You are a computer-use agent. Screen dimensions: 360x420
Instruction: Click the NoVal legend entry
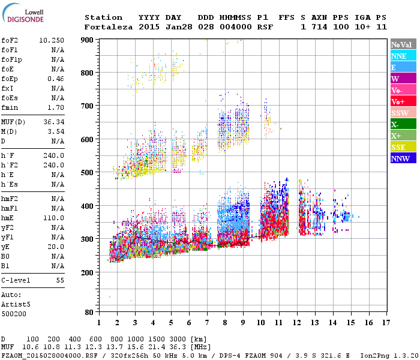(x=403, y=45)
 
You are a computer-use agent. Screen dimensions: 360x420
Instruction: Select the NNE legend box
(x=403, y=56)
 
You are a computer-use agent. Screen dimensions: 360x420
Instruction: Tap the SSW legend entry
(x=403, y=113)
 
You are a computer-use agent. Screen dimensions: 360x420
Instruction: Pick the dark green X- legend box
(x=403, y=124)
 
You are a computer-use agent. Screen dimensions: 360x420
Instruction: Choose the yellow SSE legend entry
(x=403, y=148)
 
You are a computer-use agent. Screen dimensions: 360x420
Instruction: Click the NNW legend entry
(x=403, y=159)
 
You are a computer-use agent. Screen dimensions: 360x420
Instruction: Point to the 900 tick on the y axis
(x=88, y=40)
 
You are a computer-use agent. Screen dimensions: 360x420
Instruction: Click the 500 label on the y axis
(x=88, y=173)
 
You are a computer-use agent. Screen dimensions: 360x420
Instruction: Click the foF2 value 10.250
(x=51, y=40)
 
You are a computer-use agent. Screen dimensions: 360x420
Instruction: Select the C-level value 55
(x=60, y=280)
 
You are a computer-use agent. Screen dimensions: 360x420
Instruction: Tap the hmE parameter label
(x=8, y=219)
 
